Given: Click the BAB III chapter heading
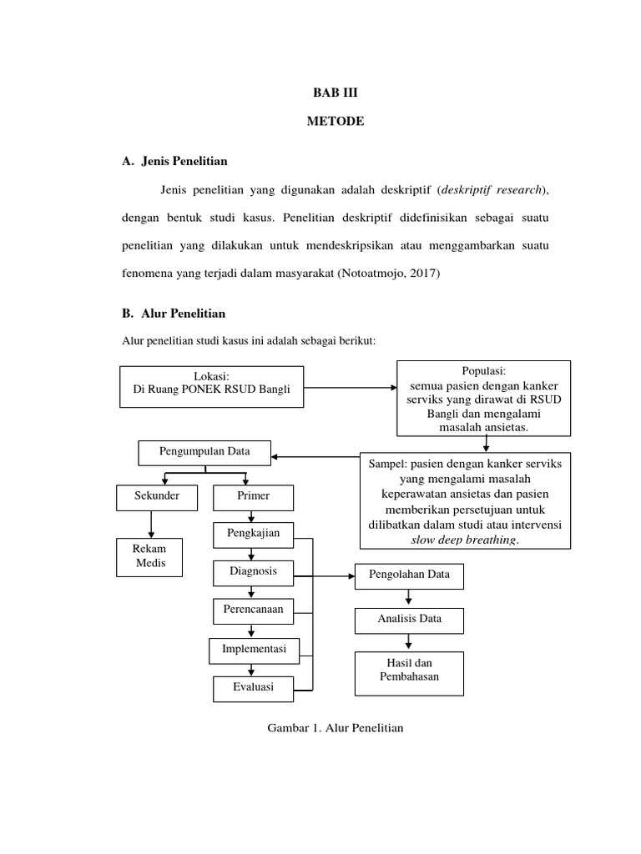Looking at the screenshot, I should pyautogui.click(x=335, y=94).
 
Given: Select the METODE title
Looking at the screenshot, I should pyautogui.click(x=335, y=121).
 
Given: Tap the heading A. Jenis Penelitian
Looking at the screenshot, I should pyautogui.click(x=174, y=160).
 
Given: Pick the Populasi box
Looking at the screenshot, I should pyautogui.click(x=483, y=399).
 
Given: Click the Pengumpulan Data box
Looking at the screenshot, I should pyautogui.click(x=204, y=452).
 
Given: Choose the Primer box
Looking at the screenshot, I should pyautogui.click(x=253, y=497).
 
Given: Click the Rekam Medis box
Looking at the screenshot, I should pyautogui.click(x=150, y=556).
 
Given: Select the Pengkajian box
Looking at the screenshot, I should pyautogui.click(x=252, y=533).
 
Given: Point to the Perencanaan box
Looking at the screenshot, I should pyautogui.click(x=252, y=610).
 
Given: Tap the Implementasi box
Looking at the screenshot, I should pyautogui.click(x=254, y=649).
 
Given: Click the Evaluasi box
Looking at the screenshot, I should pyautogui.click(x=254, y=688).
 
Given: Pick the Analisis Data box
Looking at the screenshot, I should pyautogui.click(x=409, y=620).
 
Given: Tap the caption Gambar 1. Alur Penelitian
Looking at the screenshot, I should pyautogui.click(x=335, y=728).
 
